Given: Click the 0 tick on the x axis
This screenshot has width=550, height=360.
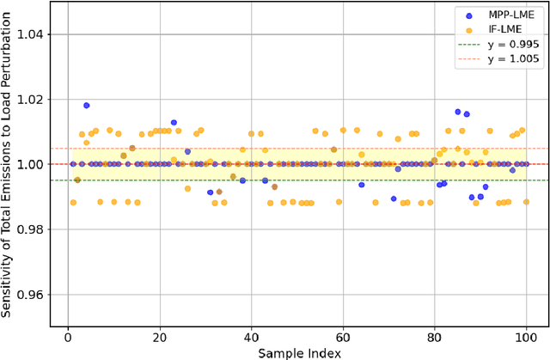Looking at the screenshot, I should point(69,337).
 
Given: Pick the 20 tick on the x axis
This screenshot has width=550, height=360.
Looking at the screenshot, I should point(160,337).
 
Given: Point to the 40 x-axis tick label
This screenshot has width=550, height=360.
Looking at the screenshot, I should point(251,337).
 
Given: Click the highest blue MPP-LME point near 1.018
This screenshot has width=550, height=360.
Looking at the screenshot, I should point(87,106).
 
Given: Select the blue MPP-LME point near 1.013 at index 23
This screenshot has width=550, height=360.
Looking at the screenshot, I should point(174,123).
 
